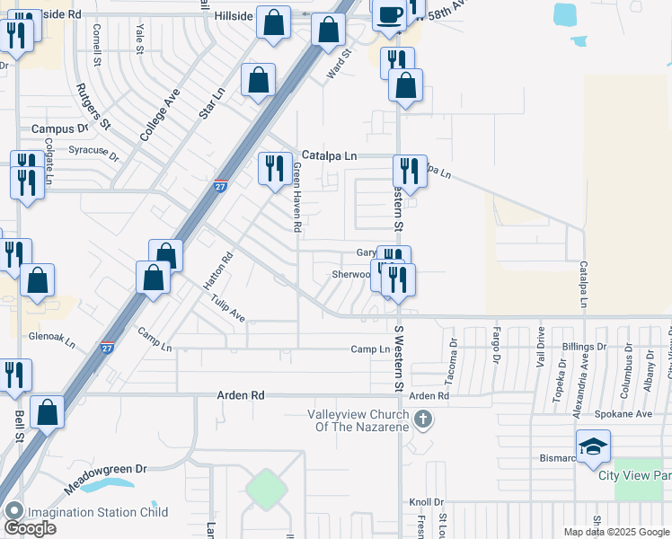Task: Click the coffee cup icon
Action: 389,15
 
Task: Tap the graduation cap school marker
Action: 593,446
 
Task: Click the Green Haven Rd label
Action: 296,199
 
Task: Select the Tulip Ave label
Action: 229,310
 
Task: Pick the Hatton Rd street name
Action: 217,269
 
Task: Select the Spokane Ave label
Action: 623,414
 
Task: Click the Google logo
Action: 30,528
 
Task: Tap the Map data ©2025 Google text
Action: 616,532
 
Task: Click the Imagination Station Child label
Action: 97,513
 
